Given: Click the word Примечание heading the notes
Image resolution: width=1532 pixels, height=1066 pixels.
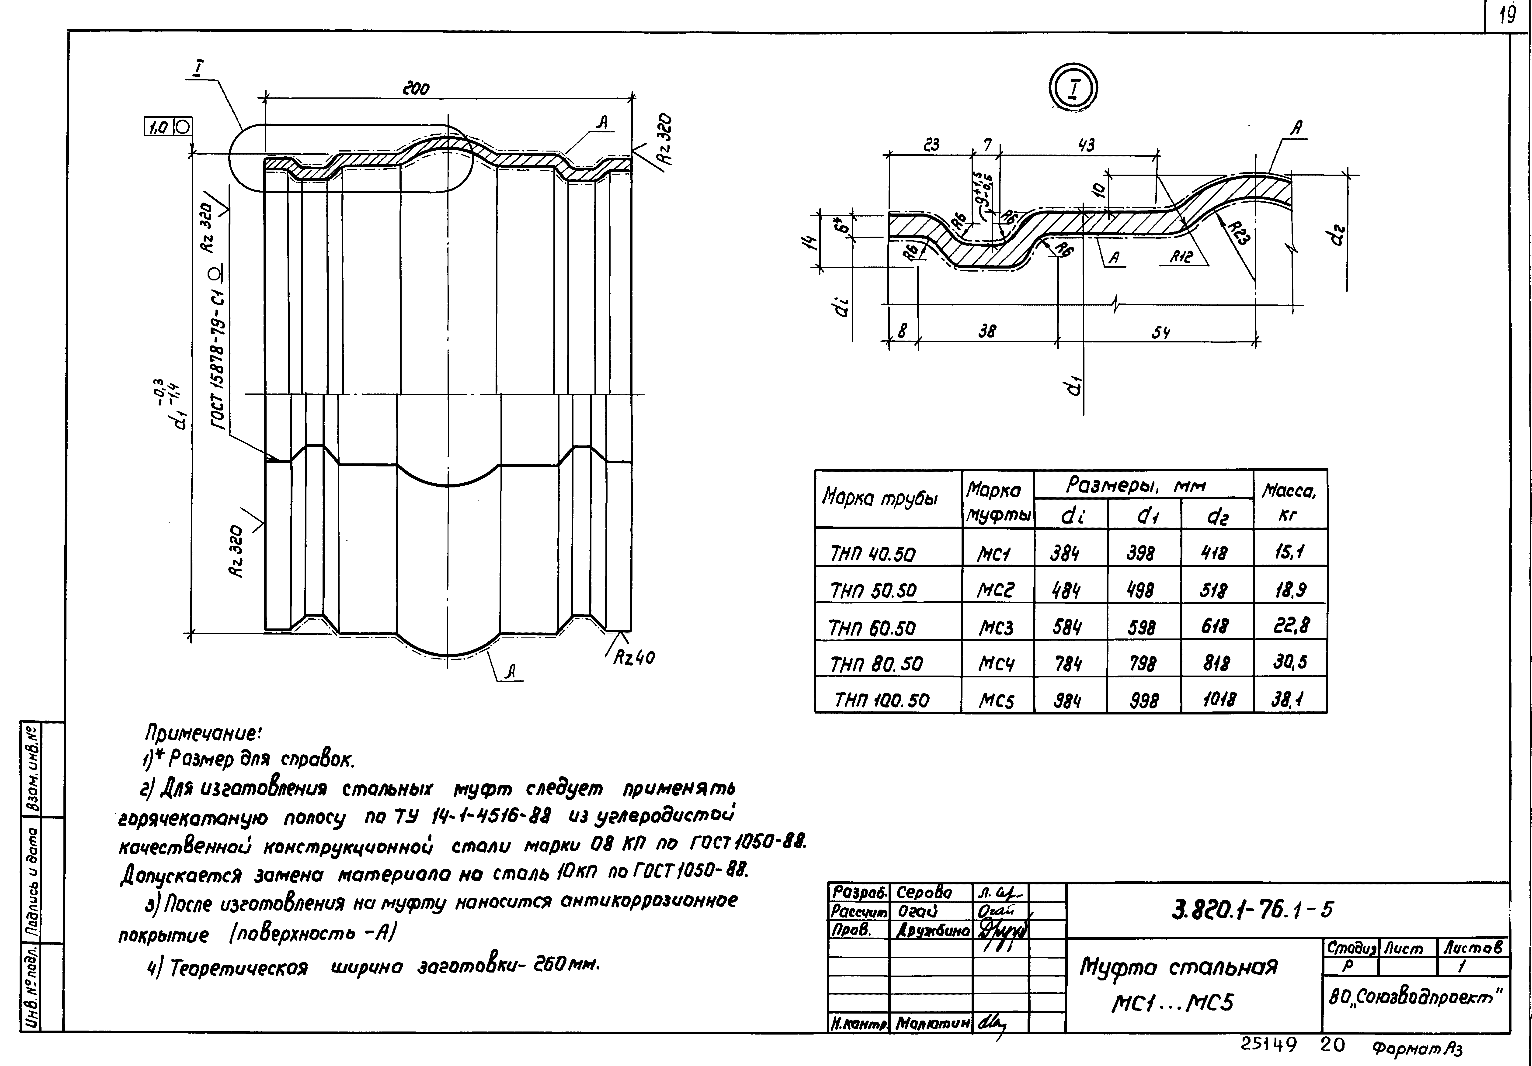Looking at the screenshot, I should (204, 734).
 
